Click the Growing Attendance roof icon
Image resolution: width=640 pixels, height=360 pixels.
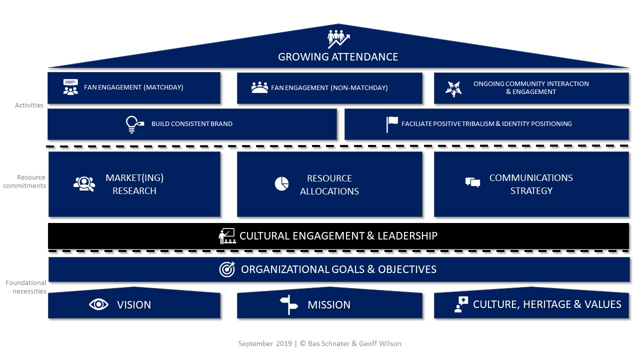click(338, 39)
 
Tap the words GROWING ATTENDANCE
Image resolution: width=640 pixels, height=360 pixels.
click(338, 57)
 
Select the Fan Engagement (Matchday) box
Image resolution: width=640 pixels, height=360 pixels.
click(134, 88)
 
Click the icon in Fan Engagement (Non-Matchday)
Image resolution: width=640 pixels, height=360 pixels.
click(259, 87)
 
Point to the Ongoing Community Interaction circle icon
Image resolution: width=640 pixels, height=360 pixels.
click(453, 88)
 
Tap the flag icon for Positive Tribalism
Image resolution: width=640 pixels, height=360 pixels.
click(392, 124)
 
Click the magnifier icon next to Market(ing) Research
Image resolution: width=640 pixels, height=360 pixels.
click(84, 184)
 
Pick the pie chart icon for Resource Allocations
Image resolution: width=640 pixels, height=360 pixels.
click(281, 184)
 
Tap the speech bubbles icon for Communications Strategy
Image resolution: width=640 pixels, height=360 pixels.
click(472, 182)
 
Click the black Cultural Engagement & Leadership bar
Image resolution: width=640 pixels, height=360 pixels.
click(338, 236)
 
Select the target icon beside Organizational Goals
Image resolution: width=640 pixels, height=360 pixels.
click(227, 269)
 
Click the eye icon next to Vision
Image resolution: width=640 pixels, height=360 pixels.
click(98, 304)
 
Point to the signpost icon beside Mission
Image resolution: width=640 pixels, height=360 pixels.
click(288, 304)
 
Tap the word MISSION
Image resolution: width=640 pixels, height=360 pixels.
click(329, 305)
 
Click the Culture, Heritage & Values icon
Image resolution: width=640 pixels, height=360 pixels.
click(461, 304)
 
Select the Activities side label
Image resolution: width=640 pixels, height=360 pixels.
click(29, 105)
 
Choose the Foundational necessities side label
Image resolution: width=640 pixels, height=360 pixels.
click(26, 287)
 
